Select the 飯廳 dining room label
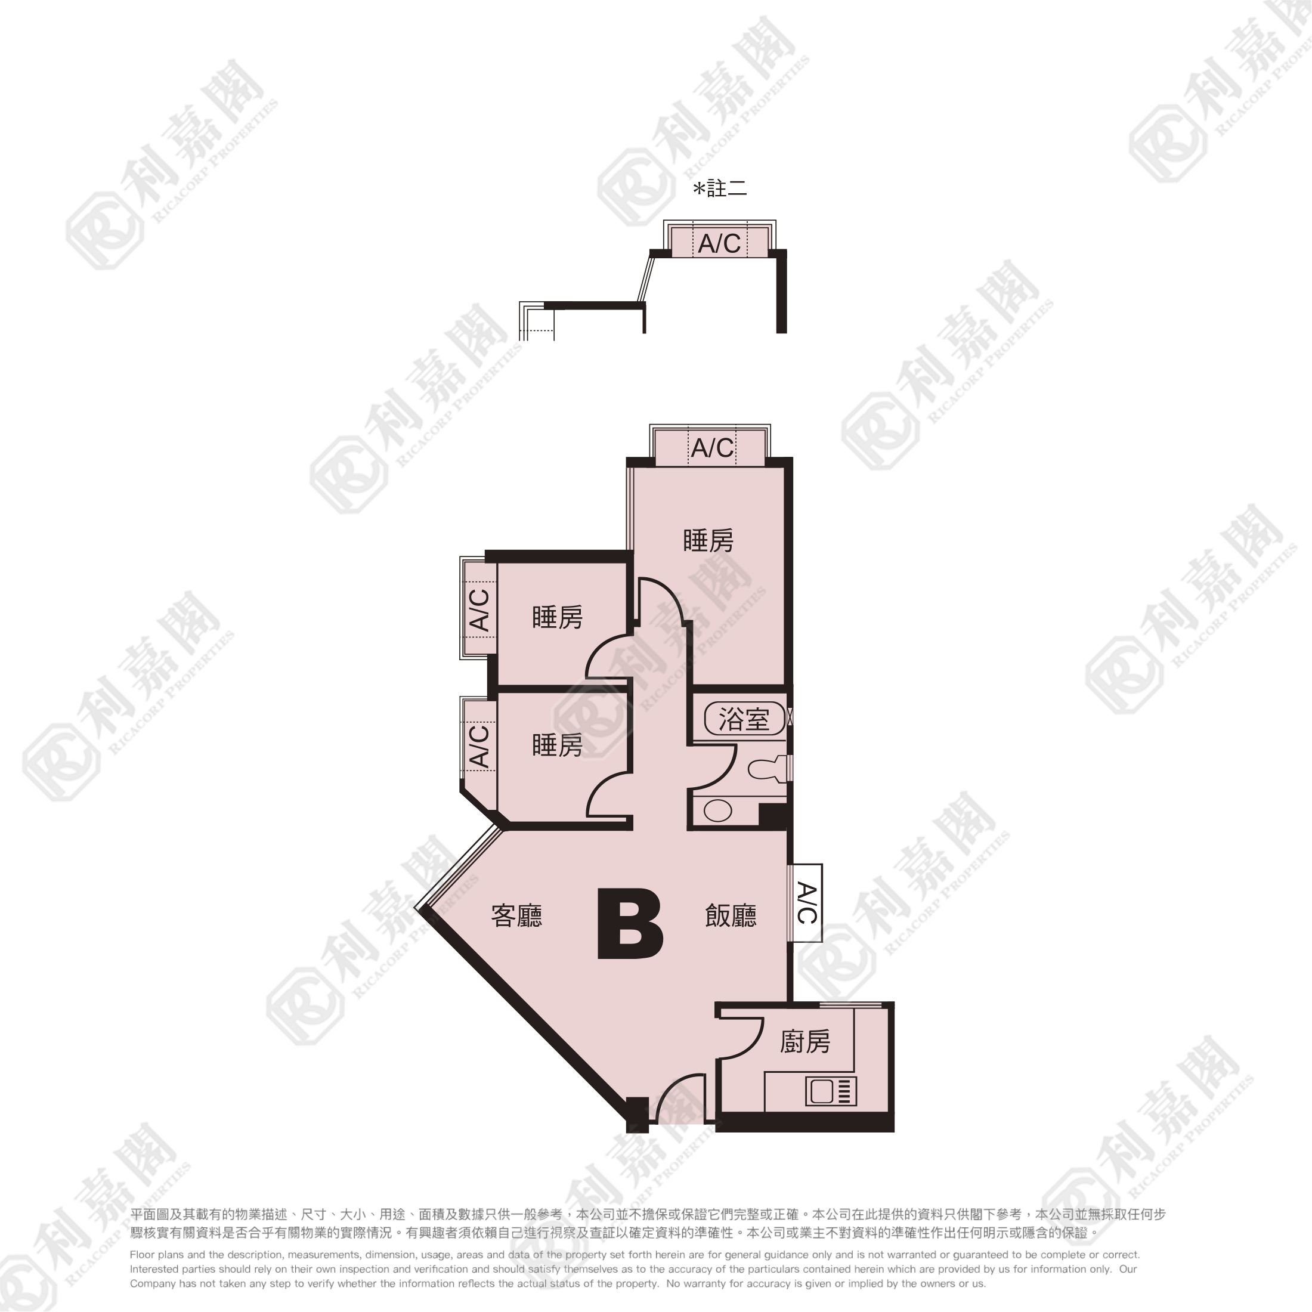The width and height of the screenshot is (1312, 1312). pos(731,916)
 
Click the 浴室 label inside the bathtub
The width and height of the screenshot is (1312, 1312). pos(744,719)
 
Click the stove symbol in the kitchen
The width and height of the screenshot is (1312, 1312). pos(831,1091)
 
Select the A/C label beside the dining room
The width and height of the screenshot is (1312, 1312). pos(806,903)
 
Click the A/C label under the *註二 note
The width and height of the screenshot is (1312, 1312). pos(719,243)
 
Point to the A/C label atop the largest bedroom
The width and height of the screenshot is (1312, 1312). pos(713,447)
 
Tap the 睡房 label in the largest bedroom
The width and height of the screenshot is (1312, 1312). pos(708,540)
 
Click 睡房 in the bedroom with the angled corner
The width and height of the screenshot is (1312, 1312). pos(557,745)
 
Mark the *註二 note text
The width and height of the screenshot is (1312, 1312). pos(720,187)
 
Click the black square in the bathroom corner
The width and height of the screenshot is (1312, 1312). pos(772,815)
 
